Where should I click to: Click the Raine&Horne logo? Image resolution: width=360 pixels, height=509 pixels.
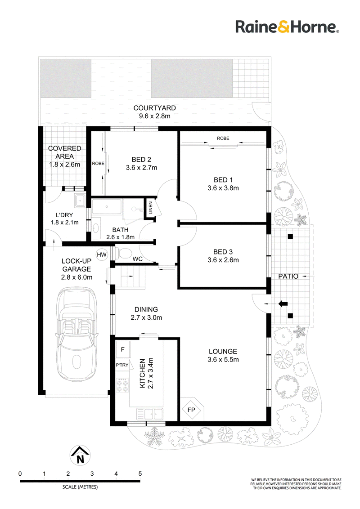[287, 27]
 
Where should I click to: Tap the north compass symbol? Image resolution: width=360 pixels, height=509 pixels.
[80, 455]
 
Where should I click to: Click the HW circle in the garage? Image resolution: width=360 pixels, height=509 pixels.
[102, 255]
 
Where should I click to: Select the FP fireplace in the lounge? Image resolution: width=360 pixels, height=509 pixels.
[191, 410]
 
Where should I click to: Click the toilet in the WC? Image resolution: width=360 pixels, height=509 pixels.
[122, 252]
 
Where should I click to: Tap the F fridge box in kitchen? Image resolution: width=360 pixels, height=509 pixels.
[123, 349]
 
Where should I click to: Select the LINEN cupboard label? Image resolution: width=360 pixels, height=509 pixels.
[150, 208]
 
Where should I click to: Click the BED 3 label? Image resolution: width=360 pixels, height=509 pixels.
[223, 252]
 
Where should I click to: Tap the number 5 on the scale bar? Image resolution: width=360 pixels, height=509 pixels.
[140, 473]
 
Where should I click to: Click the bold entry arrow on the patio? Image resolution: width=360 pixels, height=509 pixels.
[283, 304]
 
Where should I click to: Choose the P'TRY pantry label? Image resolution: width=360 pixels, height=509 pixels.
[122, 365]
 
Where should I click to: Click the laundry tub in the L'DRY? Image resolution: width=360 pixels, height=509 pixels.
[80, 201]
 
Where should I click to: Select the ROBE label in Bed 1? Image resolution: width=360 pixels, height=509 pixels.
[223, 138]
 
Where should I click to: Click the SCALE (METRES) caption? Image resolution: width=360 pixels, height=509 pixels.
[80, 487]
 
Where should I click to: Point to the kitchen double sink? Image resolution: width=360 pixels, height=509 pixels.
[149, 414]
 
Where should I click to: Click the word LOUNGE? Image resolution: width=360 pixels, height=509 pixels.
[223, 351]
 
